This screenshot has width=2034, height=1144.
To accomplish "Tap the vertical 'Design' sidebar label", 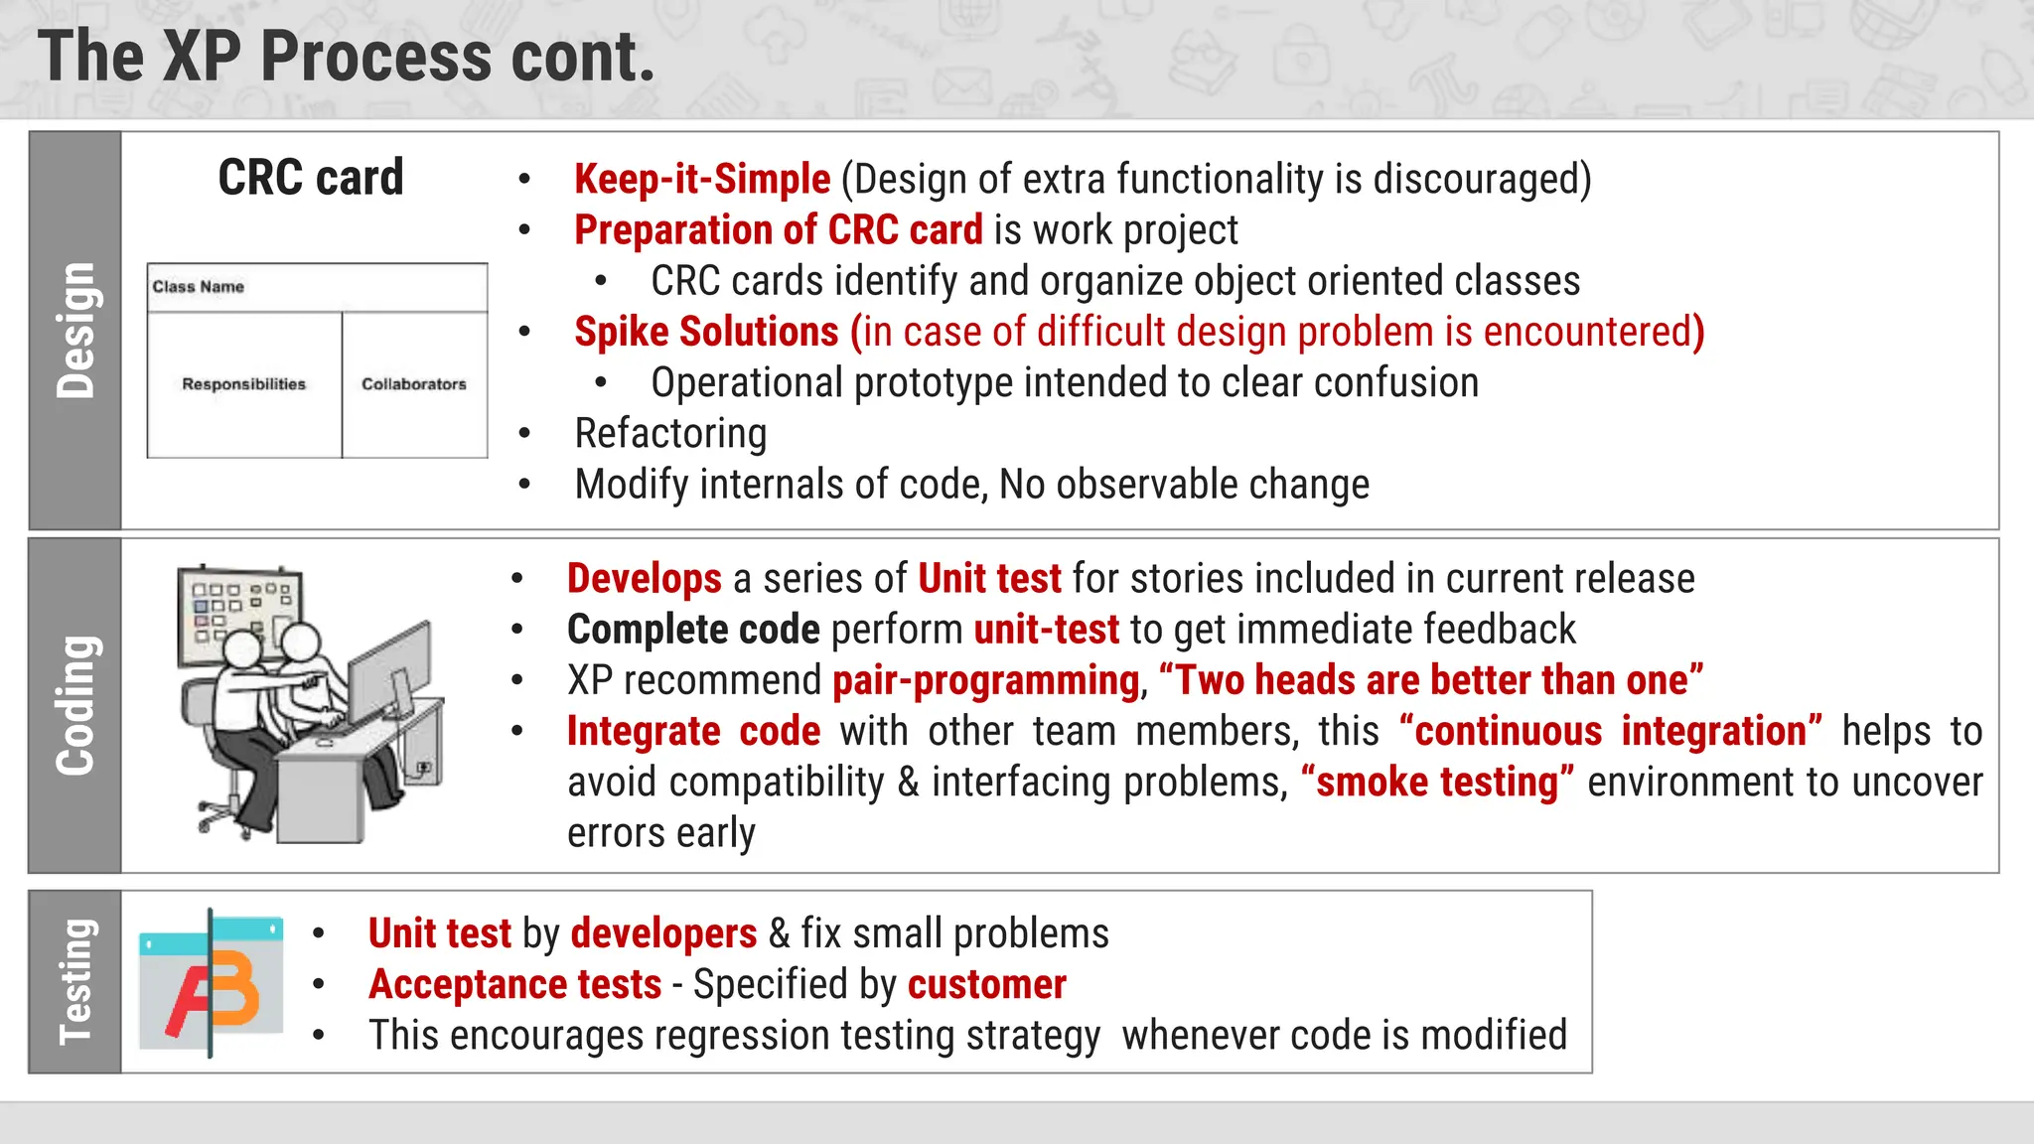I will click(x=75, y=331).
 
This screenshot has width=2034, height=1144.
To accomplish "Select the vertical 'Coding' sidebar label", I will click(x=75, y=705).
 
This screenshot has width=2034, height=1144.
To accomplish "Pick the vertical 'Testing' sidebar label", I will click(x=75, y=981).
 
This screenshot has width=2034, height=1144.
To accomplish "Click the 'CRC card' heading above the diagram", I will click(x=311, y=178).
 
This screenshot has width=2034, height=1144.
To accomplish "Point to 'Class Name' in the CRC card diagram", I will click(x=199, y=287).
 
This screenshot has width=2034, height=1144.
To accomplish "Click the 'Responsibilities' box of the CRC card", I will click(x=244, y=384).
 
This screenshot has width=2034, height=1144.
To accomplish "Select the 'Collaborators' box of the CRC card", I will click(x=414, y=384).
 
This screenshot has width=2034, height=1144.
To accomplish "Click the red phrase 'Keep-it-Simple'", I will click(x=701, y=180).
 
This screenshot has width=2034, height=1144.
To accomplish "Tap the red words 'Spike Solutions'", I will click(x=706, y=332).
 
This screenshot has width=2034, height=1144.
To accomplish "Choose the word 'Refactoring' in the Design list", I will click(x=670, y=434).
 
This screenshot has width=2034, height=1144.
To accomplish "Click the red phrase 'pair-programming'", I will click(x=985, y=681).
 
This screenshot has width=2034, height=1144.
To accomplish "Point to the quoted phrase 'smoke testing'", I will click(x=1437, y=783).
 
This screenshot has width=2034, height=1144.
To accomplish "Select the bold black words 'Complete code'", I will click(x=693, y=630).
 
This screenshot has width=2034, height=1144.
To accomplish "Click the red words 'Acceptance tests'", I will click(x=514, y=985).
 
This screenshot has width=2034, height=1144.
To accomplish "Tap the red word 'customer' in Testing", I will click(x=986, y=985).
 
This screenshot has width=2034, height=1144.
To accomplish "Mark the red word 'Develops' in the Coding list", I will click(x=644, y=579).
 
